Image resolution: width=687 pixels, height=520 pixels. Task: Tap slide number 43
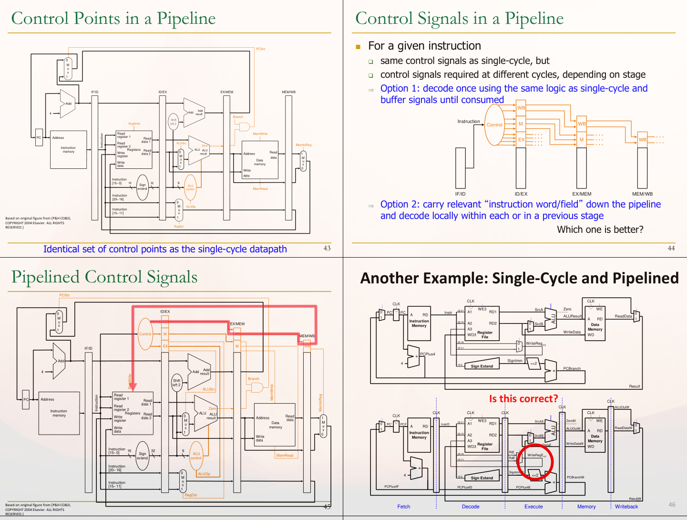click(x=327, y=248)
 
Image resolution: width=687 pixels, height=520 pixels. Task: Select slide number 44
click(x=671, y=248)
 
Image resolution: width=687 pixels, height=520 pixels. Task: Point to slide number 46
click(x=672, y=504)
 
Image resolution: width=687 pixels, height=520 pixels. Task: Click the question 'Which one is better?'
click(x=600, y=229)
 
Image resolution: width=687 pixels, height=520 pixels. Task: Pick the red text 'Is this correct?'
click(x=523, y=399)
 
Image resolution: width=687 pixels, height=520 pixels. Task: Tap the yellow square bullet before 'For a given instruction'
click(x=358, y=47)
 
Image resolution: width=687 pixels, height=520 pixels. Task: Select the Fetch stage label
click(x=404, y=507)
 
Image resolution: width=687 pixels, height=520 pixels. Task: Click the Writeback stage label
click(x=626, y=507)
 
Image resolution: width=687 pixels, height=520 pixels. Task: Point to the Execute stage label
click(x=533, y=507)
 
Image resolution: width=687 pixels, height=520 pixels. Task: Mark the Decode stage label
click(x=471, y=507)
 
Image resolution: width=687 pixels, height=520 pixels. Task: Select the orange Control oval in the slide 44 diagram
click(x=494, y=125)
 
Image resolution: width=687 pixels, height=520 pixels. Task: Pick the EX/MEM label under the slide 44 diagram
click(x=582, y=194)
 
